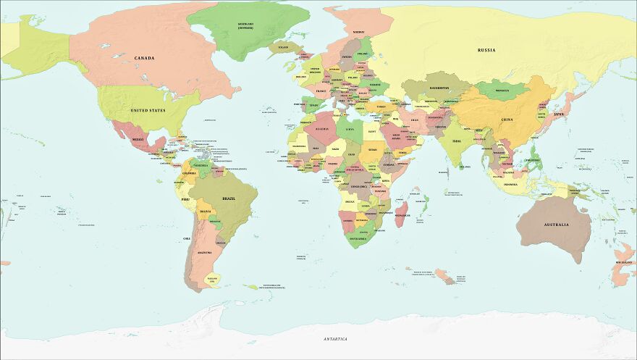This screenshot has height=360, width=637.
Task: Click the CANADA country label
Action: (x=144, y=58)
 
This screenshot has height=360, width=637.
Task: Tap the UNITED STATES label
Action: (x=148, y=110)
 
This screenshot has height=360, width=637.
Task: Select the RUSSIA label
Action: (x=486, y=50)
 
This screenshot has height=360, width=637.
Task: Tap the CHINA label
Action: (x=507, y=120)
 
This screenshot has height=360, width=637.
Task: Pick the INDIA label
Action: (x=456, y=141)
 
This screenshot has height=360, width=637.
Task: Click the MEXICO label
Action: (x=137, y=138)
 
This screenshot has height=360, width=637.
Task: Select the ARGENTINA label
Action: (x=204, y=252)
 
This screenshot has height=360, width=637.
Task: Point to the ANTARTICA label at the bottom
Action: (x=335, y=339)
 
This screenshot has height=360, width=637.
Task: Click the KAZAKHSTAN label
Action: (x=439, y=88)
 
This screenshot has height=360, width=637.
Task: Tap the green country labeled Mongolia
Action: (x=502, y=91)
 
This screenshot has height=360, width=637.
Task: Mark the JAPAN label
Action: (x=558, y=114)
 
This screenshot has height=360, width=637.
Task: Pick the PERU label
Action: (x=185, y=198)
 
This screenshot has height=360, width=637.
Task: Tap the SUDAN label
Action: (x=372, y=150)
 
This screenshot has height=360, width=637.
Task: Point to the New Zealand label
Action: (x=624, y=262)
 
